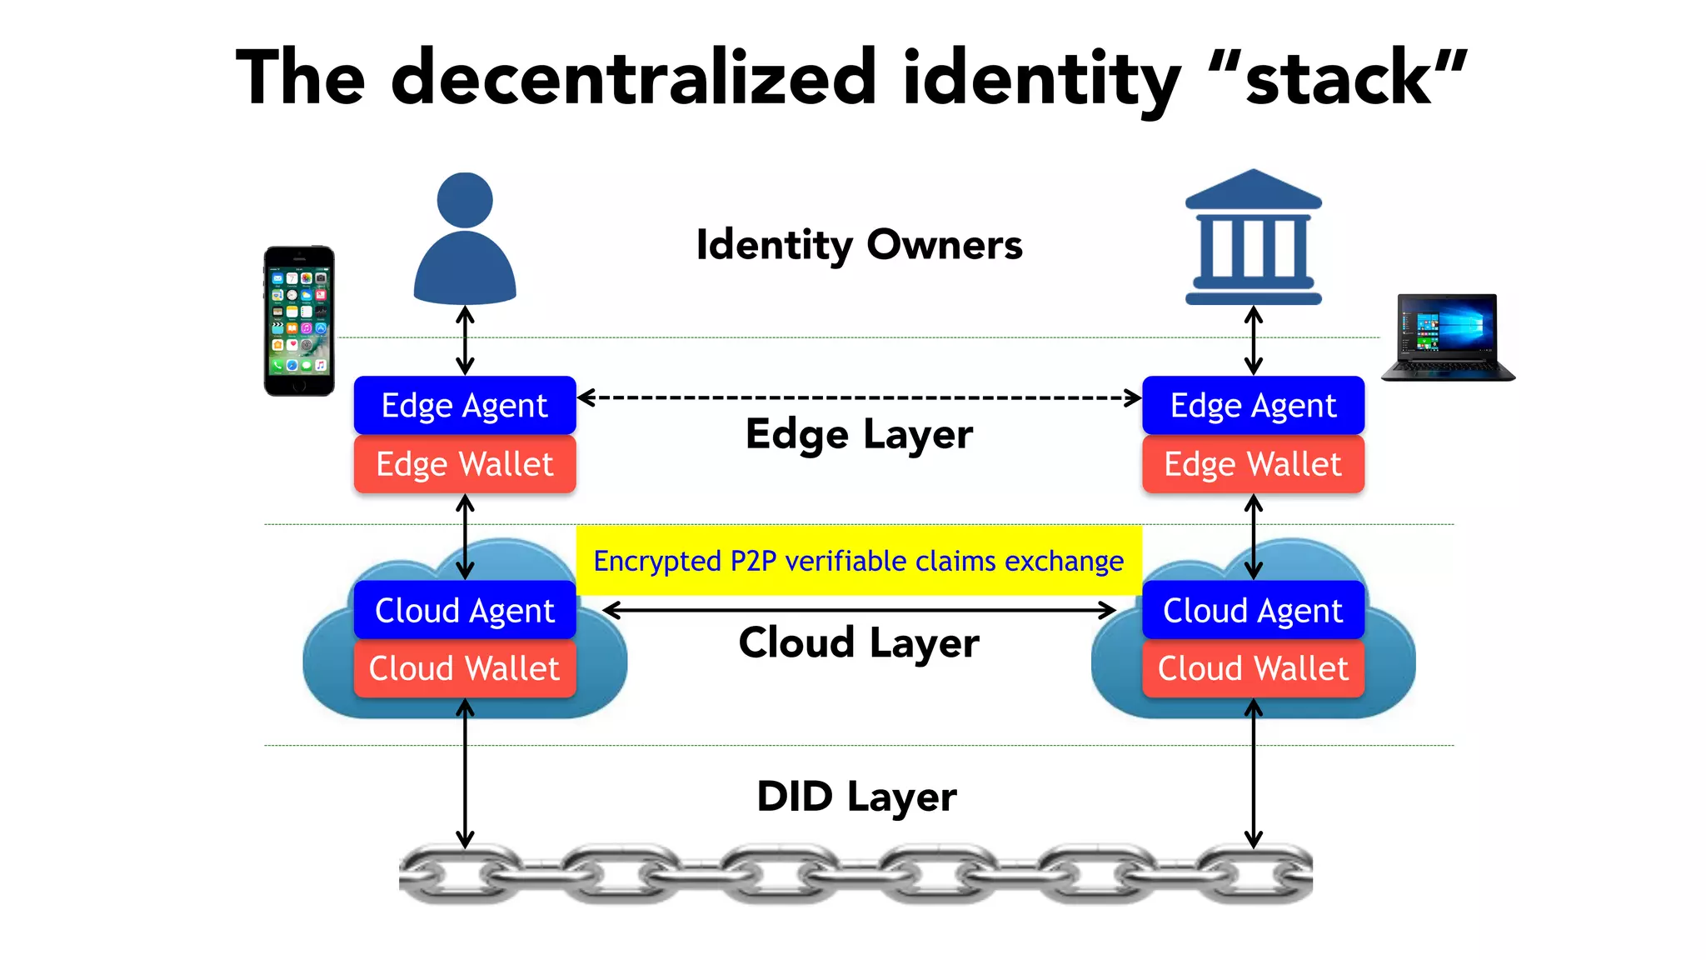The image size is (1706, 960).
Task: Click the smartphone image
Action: pyautogui.click(x=299, y=321)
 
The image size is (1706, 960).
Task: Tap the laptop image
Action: pyautogui.click(x=1448, y=337)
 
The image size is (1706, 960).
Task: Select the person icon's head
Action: pyautogui.click(x=465, y=200)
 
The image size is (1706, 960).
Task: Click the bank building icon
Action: pyautogui.click(x=1253, y=238)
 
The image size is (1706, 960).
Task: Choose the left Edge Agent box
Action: pyautogui.click(x=465, y=406)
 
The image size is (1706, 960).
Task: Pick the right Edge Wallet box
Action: pyautogui.click(x=1253, y=464)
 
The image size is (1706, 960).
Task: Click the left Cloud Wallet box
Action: pyautogui.click(x=465, y=668)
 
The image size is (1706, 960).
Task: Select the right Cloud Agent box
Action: pyautogui.click(x=1253, y=611)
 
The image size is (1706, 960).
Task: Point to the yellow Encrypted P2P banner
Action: pyautogui.click(x=858, y=561)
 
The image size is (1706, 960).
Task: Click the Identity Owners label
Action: pyautogui.click(x=859, y=245)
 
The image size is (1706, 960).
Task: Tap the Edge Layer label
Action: pyautogui.click(x=859, y=434)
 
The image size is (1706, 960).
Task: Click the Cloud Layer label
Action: pyautogui.click(x=859, y=642)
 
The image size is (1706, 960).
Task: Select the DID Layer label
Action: pyautogui.click(x=856, y=797)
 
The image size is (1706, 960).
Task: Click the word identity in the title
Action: pyautogui.click(x=1041, y=79)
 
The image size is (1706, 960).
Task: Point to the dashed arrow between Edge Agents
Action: pyautogui.click(x=858, y=397)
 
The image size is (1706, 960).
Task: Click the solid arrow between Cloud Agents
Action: pyautogui.click(x=858, y=611)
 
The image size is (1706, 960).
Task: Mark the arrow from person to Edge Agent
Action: pyautogui.click(x=465, y=340)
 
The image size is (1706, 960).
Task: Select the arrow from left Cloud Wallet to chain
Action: pyautogui.click(x=465, y=775)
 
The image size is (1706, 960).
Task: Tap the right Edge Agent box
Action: pyautogui.click(x=1253, y=406)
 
